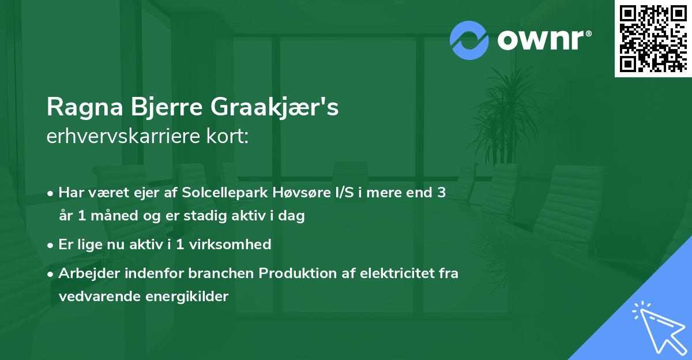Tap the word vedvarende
tap(93, 297)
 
